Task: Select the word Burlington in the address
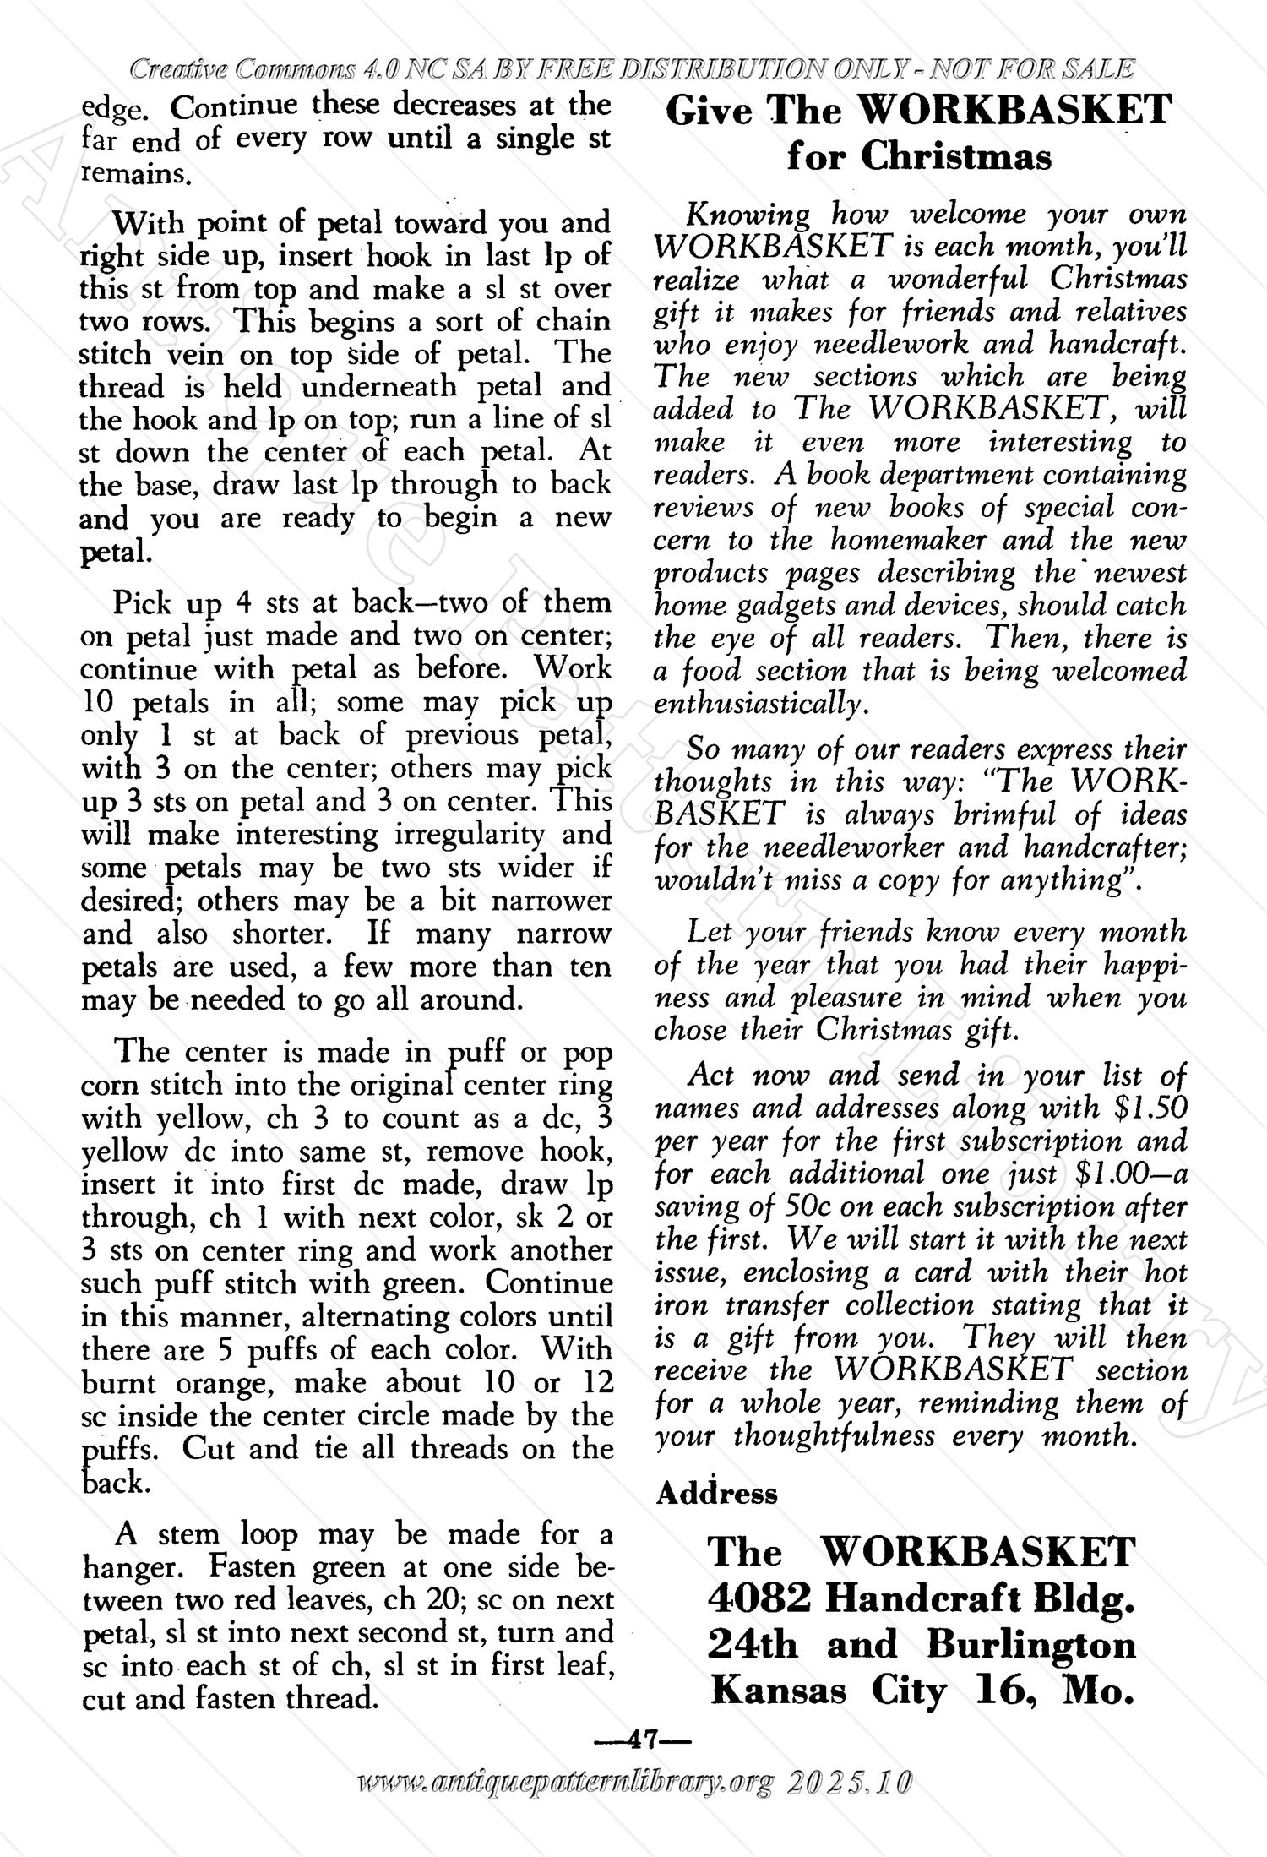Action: pos(1031,1645)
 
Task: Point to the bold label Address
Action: pos(717,1494)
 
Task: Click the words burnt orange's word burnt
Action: pos(117,1383)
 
